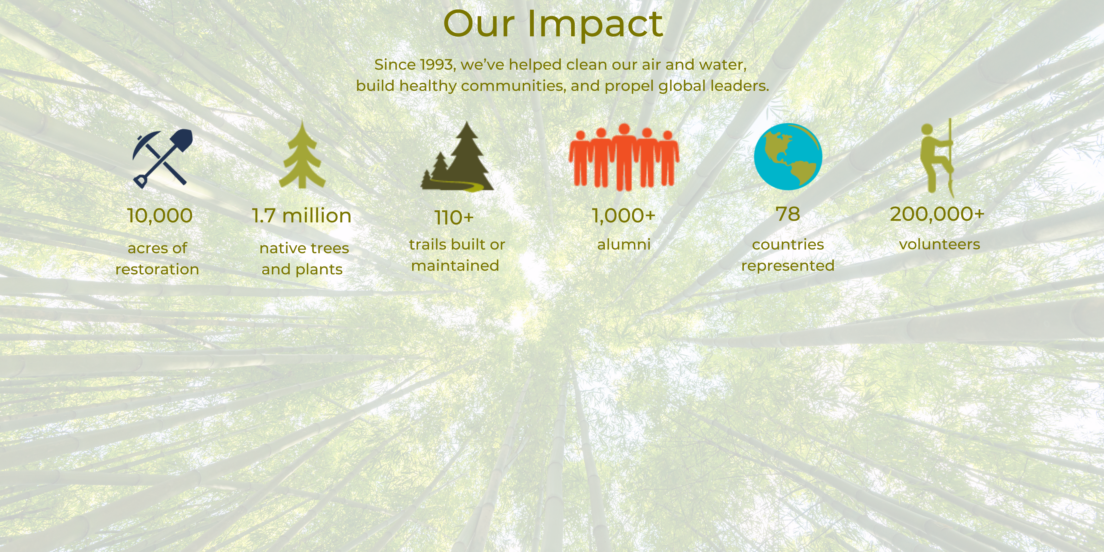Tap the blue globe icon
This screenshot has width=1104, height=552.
(x=788, y=156)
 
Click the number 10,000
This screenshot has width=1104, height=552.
(x=160, y=216)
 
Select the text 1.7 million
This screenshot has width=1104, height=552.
(x=302, y=216)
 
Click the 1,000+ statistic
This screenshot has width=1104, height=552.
(x=624, y=215)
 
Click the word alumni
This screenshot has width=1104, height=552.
(x=624, y=244)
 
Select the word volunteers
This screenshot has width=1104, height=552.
(x=939, y=244)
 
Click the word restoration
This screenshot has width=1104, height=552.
(x=157, y=269)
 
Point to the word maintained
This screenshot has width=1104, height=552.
(x=455, y=265)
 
